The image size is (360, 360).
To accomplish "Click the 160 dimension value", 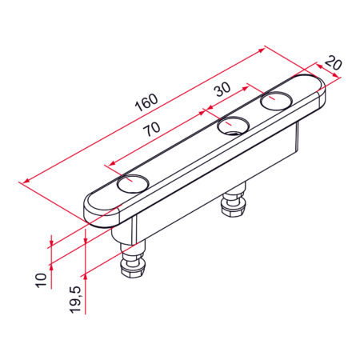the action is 146,102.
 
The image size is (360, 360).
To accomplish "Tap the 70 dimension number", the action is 152,129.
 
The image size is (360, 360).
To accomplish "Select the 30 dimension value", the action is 223,89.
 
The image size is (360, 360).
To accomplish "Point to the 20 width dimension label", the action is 334,63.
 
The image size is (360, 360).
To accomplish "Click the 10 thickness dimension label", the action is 41,280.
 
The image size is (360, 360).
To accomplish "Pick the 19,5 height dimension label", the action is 75,299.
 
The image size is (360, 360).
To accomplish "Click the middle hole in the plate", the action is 234,126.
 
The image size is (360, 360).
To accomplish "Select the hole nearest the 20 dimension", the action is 277,101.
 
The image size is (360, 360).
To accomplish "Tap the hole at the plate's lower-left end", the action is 133,183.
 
